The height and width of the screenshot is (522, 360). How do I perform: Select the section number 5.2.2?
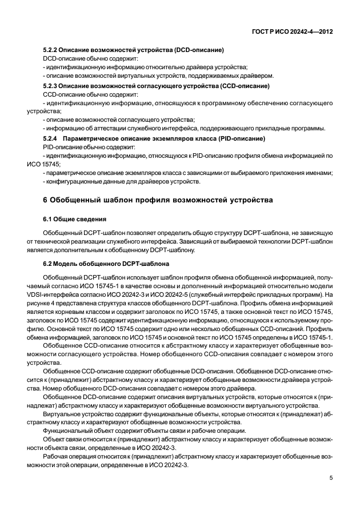pos(51,50)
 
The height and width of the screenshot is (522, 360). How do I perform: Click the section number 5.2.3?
pos(51,86)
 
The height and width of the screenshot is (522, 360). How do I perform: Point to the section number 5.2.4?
pos(51,138)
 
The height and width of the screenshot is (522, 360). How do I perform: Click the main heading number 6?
pos(46,200)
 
